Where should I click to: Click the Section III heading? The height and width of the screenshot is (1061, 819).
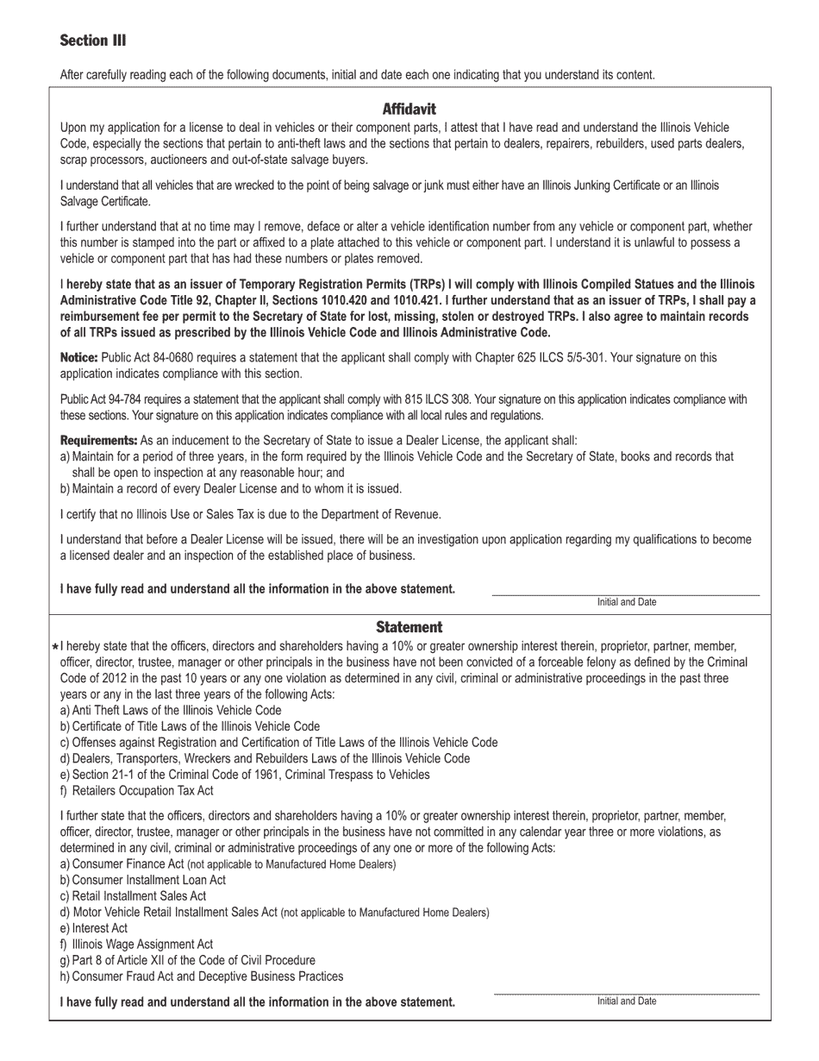[93, 41]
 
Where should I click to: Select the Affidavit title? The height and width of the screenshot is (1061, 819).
[409, 110]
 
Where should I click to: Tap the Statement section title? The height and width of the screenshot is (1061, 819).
[409, 627]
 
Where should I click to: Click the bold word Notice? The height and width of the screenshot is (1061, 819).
[78, 358]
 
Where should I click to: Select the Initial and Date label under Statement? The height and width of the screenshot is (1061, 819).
[626, 1001]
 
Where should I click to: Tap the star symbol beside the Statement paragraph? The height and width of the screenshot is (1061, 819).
[55, 647]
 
